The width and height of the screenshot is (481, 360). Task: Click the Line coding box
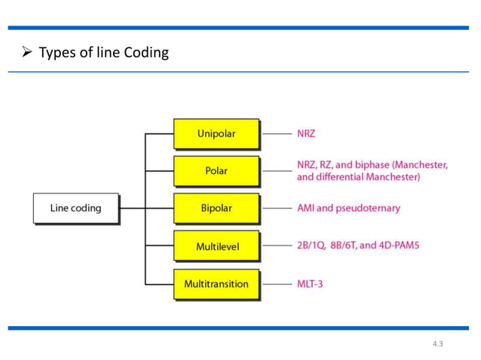click(x=75, y=208)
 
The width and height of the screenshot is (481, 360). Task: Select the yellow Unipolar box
click(x=216, y=134)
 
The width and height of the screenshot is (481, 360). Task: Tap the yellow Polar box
click(x=216, y=171)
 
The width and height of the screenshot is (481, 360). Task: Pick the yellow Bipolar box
click(x=216, y=208)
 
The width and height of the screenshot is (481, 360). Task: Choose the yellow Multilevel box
click(x=216, y=246)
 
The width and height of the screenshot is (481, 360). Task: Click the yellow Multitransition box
click(x=216, y=284)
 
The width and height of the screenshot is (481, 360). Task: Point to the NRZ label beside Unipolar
click(x=306, y=134)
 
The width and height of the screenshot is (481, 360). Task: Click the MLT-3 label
click(x=310, y=285)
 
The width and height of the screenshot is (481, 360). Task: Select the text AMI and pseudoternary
click(x=348, y=208)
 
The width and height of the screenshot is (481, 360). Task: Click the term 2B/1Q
click(x=311, y=246)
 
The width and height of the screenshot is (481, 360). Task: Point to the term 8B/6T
click(x=345, y=246)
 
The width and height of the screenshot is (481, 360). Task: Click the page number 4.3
click(x=438, y=343)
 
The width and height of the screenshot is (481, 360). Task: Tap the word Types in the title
click(x=57, y=53)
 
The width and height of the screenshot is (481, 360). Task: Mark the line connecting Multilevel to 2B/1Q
click(x=276, y=246)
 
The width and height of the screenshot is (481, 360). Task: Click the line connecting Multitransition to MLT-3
click(x=276, y=285)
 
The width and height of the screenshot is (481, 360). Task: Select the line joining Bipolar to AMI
click(x=276, y=208)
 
